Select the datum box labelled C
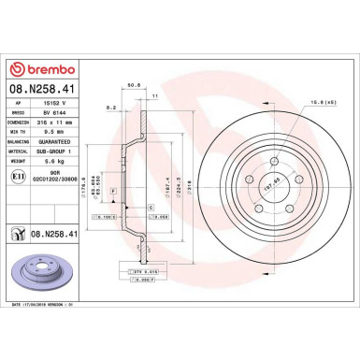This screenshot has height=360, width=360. pos(151,206)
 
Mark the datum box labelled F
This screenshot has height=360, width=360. pos(113,191)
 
